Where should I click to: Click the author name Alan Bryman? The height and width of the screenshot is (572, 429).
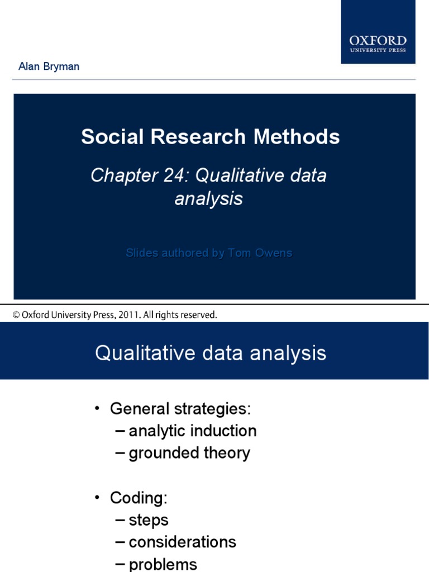coord(49,66)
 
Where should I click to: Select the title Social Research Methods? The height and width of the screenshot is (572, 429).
coord(211,137)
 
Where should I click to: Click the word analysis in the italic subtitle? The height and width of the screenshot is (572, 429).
coord(208,198)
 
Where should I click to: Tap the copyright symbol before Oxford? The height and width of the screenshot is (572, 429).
coord(16,315)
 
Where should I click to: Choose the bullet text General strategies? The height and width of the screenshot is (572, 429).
coord(180,409)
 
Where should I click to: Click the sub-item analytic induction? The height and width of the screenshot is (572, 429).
coord(192,431)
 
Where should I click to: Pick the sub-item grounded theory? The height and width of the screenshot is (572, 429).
coord(189,453)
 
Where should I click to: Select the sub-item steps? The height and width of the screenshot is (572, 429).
coord(148,520)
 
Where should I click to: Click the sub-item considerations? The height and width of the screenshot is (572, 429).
coord(182,542)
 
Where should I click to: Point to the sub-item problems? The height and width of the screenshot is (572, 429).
coord(163,564)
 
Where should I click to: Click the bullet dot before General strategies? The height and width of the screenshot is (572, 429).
coord(97,408)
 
